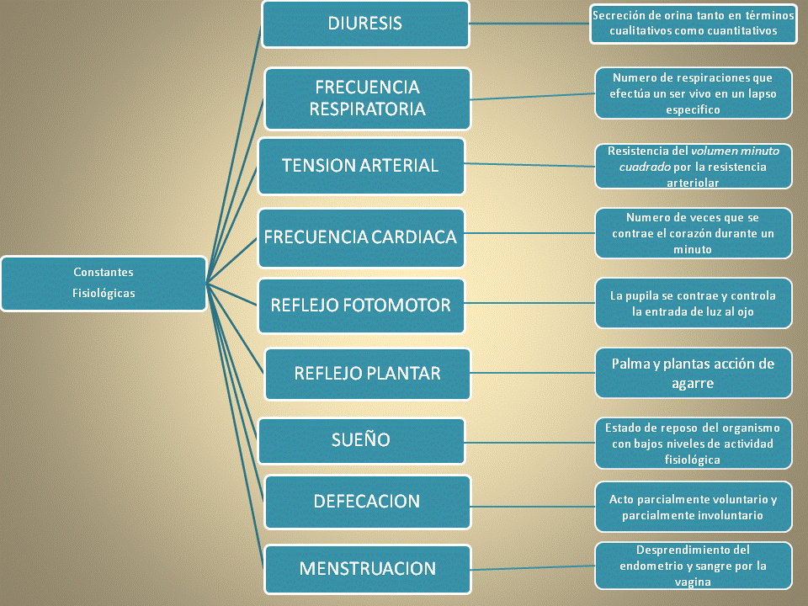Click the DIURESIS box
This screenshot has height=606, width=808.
point(365,24)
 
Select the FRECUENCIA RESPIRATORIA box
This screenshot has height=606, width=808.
point(367,98)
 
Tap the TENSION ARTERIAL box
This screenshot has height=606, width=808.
point(360,166)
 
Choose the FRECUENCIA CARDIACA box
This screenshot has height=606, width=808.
point(360,237)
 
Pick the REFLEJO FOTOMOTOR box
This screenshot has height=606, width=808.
point(360,305)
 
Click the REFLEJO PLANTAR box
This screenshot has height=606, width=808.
point(367,373)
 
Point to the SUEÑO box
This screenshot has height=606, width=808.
point(360,440)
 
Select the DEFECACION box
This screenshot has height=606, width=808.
point(367,502)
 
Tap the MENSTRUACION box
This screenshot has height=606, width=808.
point(367,569)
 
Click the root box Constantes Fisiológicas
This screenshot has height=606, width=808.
point(104,283)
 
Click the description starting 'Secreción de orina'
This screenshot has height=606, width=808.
point(694,24)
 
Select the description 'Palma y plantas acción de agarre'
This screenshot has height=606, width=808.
point(694,373)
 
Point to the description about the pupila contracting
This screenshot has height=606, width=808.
point(694,303)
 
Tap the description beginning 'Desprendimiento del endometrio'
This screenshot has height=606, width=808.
point(694,566)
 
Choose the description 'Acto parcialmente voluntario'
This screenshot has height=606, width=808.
point(694,507)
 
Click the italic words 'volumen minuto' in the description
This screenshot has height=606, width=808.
point(735,151)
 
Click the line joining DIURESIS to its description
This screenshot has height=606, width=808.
point(530,24)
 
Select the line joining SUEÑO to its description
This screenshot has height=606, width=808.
point(530,440)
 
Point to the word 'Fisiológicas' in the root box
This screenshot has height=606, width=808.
point(104,294)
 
